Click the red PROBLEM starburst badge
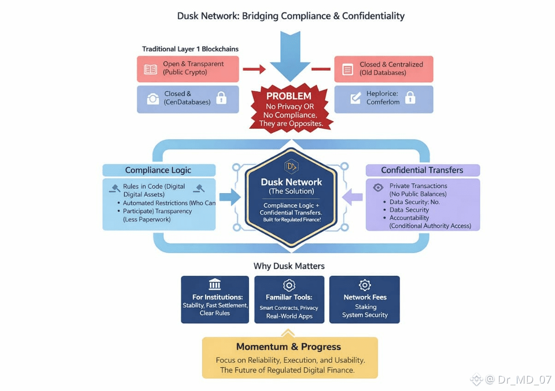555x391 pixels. pos(289,109)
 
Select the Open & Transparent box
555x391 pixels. pos(188,69)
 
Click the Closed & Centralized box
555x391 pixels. pos(384,69)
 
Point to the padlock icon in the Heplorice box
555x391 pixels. pos(410,98)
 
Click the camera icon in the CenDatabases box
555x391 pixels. pos(153,98)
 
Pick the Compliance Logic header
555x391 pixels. pos(158,170)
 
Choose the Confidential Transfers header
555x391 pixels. pos(422,170)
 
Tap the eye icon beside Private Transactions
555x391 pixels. pos(378,187)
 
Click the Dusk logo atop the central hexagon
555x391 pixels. pos(291,166)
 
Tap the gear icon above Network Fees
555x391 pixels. pos(365,285)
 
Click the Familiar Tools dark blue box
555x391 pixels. pos(289,299)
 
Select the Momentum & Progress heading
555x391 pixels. pos(289,347)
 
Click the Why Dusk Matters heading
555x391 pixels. pos(289,266)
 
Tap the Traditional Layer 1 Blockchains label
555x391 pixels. pos(190,49)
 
